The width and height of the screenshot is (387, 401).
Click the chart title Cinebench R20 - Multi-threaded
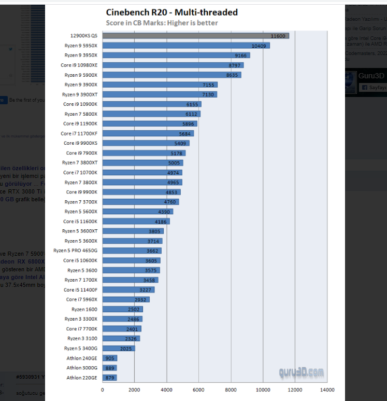tap(172, 12)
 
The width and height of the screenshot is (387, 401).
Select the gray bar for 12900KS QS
tap(195, 36)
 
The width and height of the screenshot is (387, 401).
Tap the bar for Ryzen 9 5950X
tap(185, 46)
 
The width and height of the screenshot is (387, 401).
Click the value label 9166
tap(241, 56)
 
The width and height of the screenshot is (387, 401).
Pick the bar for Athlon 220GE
tap(109, 378)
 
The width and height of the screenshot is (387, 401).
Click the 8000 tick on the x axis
tap(231, 390)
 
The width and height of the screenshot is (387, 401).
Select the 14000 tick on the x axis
tap(327, 390)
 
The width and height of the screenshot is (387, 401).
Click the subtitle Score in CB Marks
tap(162, 23)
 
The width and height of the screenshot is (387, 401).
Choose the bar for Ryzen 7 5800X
tap(151, 114)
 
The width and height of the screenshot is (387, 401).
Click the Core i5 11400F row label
tap(80, 290)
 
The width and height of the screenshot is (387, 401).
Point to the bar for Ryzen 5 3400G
tap(118, 349)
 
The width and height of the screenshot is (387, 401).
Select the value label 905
tap(110, 358)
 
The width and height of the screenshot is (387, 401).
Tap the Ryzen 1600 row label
tap(84, 309)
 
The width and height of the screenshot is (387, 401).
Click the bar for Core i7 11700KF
tap(148, 133)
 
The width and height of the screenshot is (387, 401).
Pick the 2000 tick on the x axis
tap(135, 390)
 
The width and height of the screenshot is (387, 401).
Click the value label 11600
tap(278, 36)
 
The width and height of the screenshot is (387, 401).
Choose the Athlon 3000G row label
tap(82, 368)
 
